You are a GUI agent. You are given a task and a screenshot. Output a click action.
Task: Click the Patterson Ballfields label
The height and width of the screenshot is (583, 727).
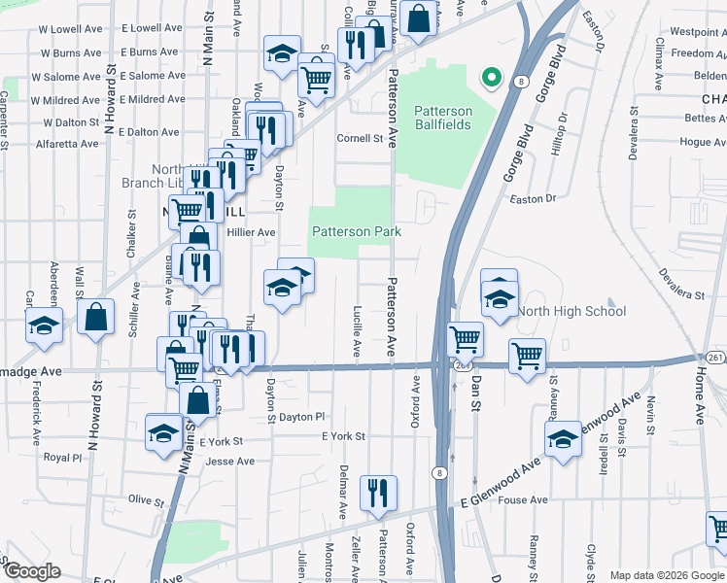tap(443, 119)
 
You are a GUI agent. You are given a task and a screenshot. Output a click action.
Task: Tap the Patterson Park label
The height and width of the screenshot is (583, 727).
tap(356, 232)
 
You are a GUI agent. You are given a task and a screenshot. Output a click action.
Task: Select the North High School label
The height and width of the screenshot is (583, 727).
tap(571, 312)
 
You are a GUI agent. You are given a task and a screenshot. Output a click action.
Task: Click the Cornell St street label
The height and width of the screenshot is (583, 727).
tap(360, 139)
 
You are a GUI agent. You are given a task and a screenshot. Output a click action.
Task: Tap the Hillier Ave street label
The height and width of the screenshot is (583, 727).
tap(252, 232)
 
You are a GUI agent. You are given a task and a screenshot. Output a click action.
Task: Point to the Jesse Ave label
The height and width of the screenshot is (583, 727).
tap(229, 462)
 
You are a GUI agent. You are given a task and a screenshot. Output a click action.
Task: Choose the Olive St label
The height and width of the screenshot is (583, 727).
tap(147, 500)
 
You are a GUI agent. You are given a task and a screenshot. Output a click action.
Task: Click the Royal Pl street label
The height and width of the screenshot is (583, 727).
tap(63, 457)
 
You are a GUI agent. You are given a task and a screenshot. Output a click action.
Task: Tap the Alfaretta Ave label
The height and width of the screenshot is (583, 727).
tap(66, 144)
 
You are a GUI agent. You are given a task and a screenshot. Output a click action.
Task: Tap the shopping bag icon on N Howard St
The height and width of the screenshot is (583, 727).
tap(96, 316)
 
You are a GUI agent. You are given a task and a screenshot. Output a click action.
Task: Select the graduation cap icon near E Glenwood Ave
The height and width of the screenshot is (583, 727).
tap(562, 439)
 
